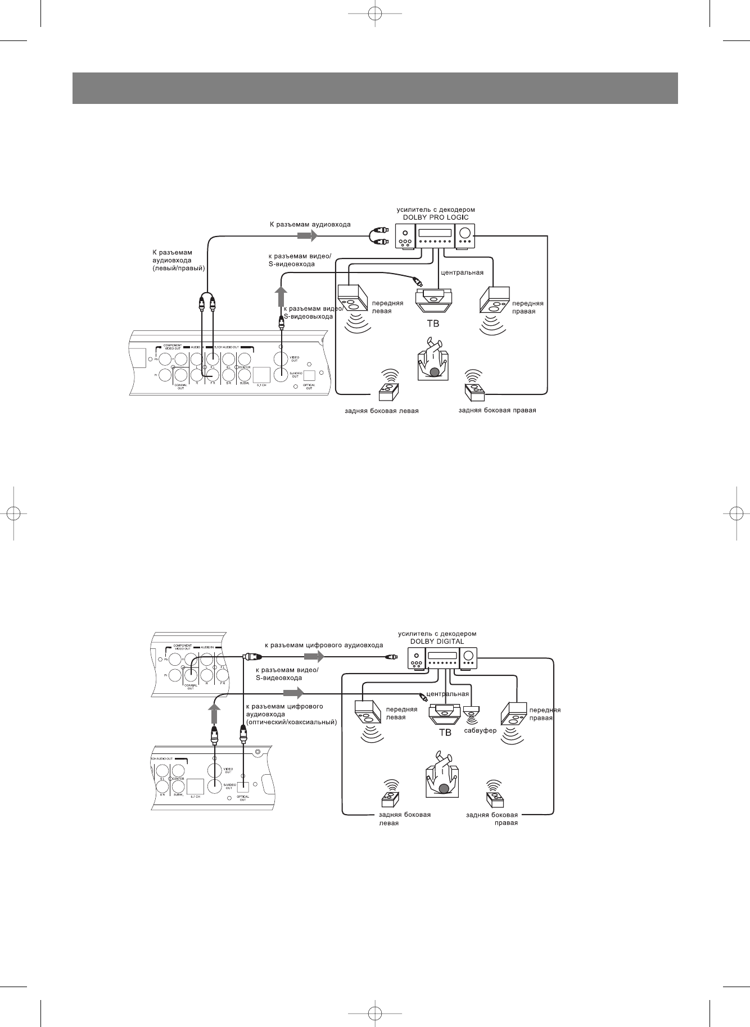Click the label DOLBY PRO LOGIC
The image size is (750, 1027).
click(x=436, y=217)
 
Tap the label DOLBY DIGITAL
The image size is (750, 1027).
click(x=437, y=641)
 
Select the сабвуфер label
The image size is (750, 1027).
click(x=481, y=731)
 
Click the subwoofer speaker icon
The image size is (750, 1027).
click(x=471, y=713)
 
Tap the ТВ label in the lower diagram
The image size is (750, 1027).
click(x=445, y=733)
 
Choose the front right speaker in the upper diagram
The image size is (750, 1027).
click(x=494, y=299)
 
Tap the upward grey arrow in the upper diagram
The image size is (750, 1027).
click(x=282, y=296)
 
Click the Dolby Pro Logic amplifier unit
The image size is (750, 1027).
click(x=434, y=237)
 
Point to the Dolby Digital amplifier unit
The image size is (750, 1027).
click(x=442, y=659)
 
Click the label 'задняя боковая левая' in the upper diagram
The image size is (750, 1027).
click(x=382, y=411)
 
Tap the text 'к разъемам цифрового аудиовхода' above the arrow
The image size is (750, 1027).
click(x=324, y=646)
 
